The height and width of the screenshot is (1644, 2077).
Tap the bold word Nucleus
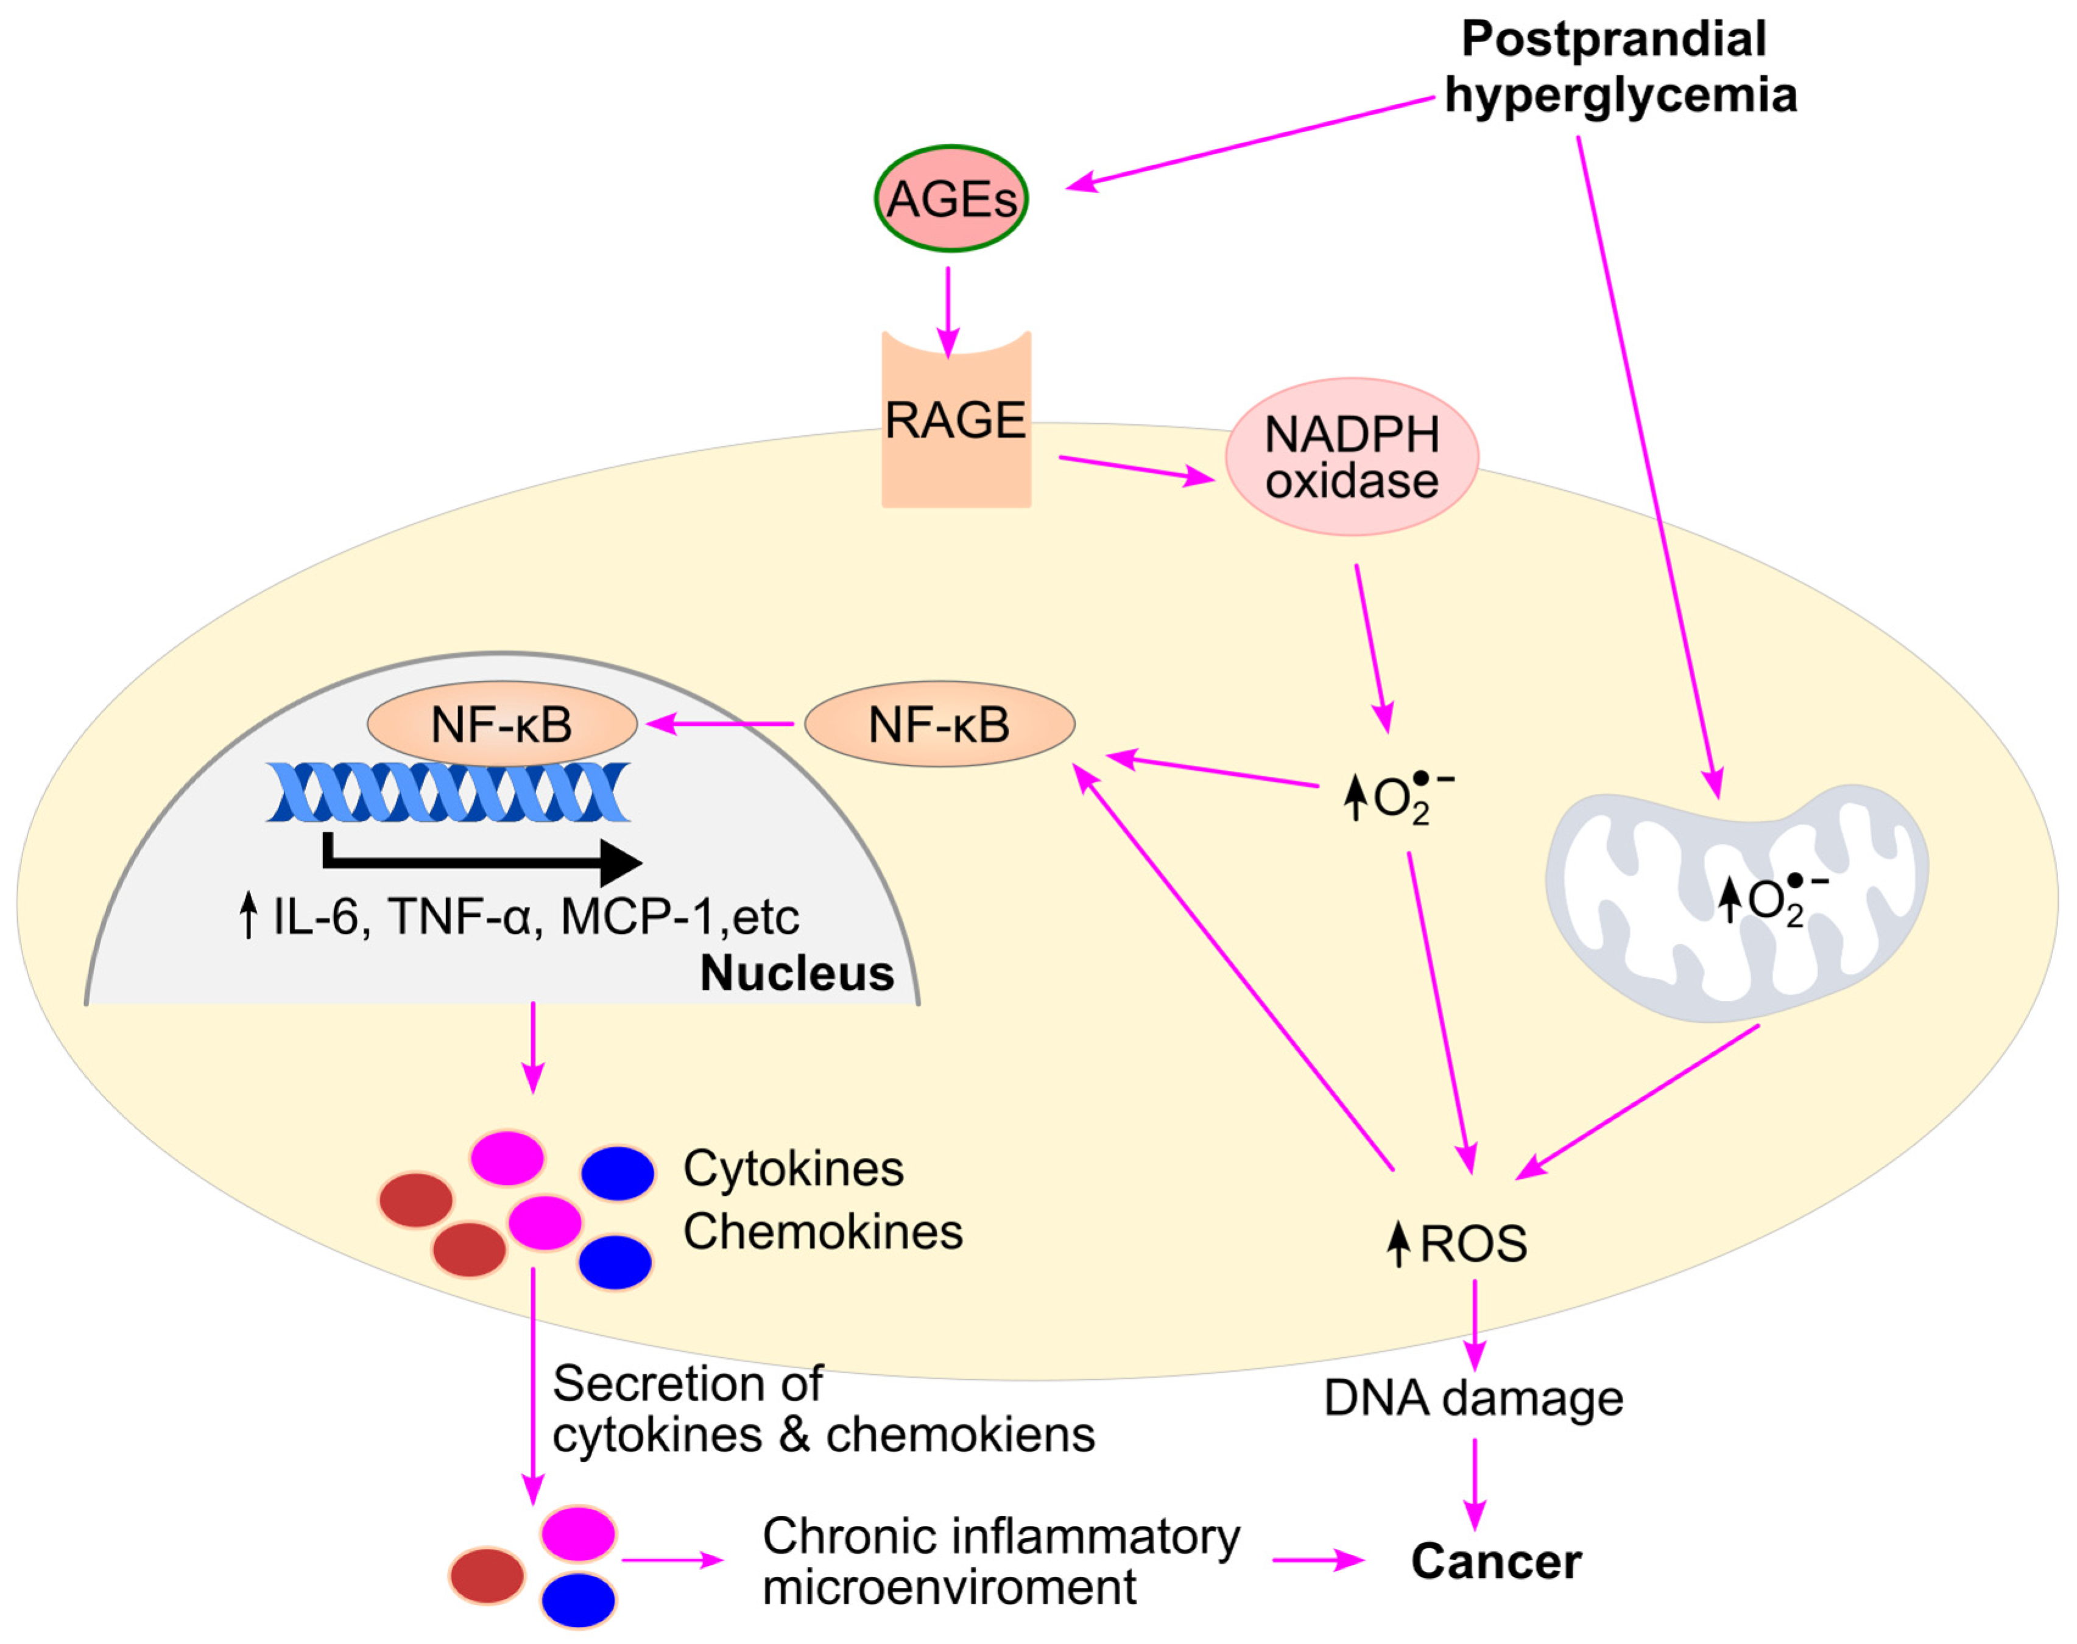pos(797,973)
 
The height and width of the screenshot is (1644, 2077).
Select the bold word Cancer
pos(1495,1561)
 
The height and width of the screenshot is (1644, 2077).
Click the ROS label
pos(1473,1243)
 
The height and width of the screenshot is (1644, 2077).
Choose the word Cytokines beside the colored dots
pos(794,1168)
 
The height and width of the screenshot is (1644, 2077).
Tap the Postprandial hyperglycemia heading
pos(1621,66)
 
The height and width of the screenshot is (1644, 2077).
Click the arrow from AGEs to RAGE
pos(948,312)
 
